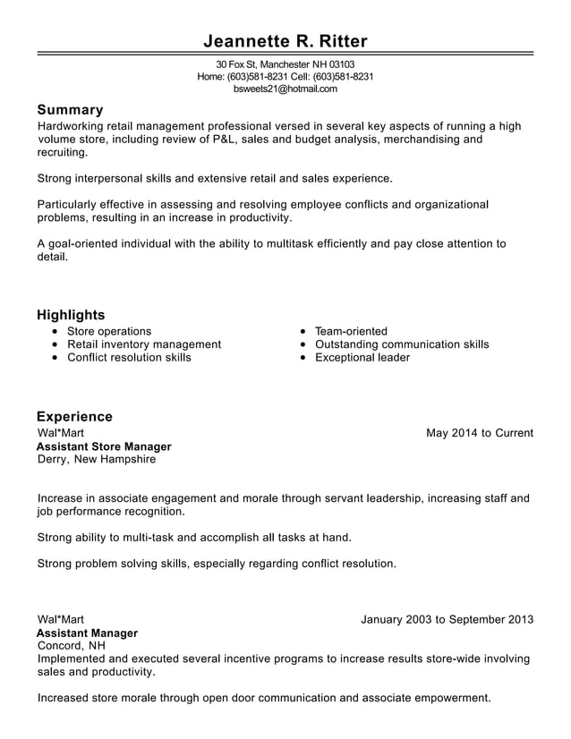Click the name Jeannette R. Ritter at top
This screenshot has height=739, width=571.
click(285, 41)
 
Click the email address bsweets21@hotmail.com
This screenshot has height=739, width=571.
click(285, 89)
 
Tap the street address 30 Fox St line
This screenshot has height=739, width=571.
click(285, 64)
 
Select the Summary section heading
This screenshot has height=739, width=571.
click(70, 110)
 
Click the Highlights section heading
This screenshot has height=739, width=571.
click(71, 315)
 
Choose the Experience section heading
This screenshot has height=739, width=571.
click(74, 417)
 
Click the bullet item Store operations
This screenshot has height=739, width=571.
click(109, 331)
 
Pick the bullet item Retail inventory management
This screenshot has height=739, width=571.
click(144, 344)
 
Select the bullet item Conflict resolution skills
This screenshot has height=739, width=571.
click(129, 358)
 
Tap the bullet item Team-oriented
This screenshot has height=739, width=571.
click(351, 331)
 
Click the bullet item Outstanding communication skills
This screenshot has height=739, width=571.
click(402, 344)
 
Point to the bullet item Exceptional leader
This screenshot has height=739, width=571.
click(362, 358)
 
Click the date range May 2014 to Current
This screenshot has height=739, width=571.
click(480, 433)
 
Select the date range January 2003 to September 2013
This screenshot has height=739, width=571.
click(447, 619)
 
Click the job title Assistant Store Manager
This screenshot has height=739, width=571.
click(104, 446)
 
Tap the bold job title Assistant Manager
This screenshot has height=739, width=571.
click(87, 633)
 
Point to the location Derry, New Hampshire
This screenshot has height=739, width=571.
click(97, 459)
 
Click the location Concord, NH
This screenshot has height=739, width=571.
click(72, 645)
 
